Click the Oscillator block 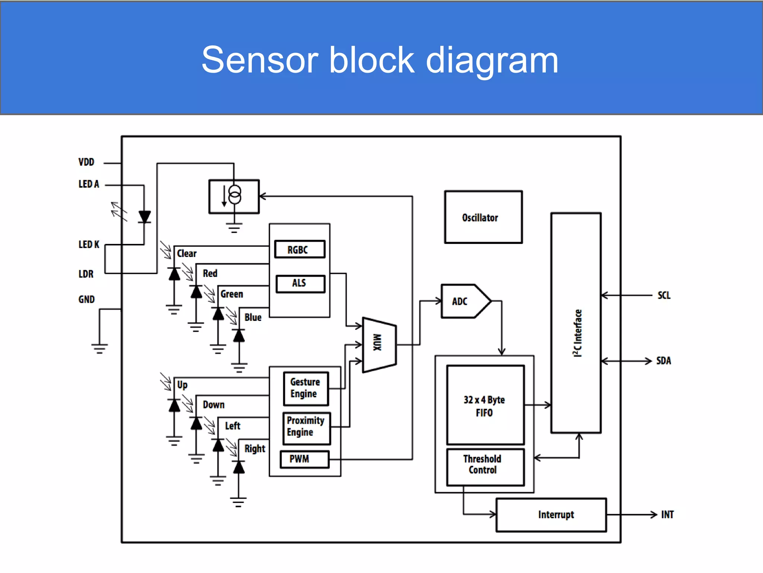[483, 217]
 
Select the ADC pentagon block [464, 301]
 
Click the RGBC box [300, 249]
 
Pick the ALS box [300, 284]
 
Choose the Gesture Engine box [305, 388]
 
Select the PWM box [304, 459]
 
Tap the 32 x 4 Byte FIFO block [485, 405]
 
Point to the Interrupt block [551, 515]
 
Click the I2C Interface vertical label [577, 333]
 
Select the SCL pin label [664, 295]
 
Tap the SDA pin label [663, 361]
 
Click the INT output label [667, 515]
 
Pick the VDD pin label [86, 162]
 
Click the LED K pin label [89, 244]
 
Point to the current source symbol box [234, 197]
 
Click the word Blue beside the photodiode [253, 317]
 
